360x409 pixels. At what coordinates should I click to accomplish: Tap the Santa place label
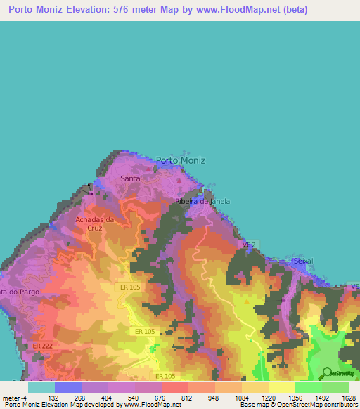(x=131, y=178)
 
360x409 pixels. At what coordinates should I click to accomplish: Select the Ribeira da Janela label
(x=202, y=202)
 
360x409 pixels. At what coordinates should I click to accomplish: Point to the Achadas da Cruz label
(x=95, y=223)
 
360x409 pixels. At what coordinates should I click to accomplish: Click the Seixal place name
(x=304, y=261)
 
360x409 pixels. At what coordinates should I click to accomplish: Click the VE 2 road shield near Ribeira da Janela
(x=247, y=244)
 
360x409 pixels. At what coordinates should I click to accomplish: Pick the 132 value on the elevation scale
(x=53, y=398)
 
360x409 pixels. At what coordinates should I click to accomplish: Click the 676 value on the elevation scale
(x=161, y=398)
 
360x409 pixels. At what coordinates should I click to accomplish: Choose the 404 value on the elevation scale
(x=107, y=398)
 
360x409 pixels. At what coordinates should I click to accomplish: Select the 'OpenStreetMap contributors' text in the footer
(x=318, y=405)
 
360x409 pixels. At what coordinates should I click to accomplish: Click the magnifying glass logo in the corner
(x=326, y=372)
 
